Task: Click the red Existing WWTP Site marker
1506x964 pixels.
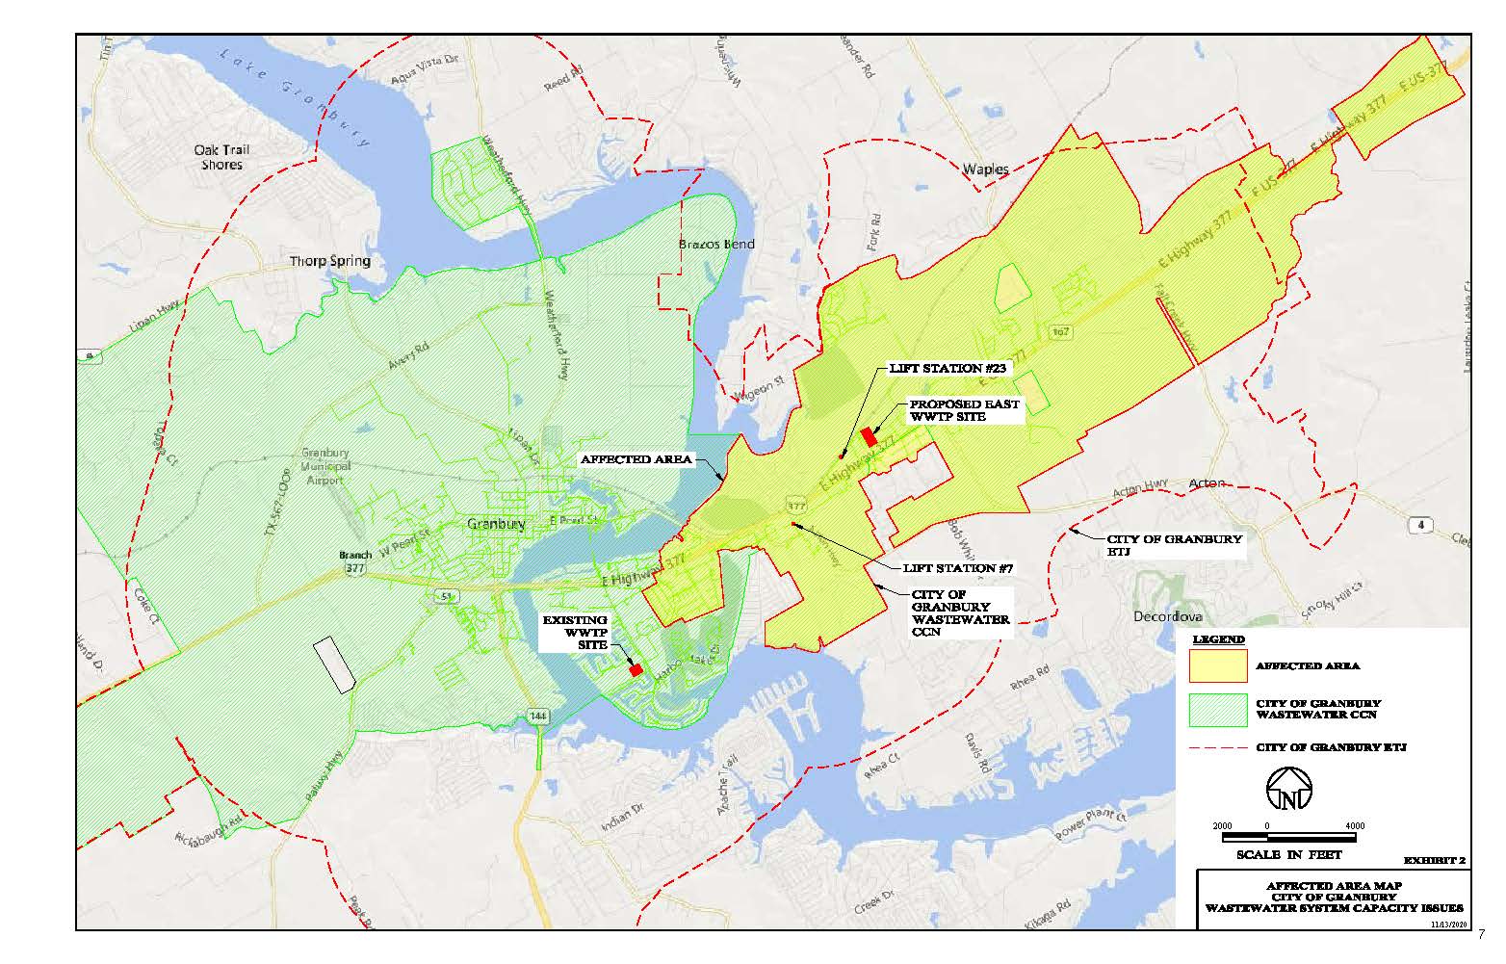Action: pyautogui.click(x=636, y=670)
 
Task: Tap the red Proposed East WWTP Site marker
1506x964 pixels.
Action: pyautogui.click(x=869, y=436)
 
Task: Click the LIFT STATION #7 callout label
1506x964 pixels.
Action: pyautogui.click(x=958, y=568)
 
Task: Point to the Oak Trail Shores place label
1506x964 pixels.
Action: pyautogui.click(x=221, y=157)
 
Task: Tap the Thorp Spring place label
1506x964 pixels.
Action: pyautogui.click(x=329, y=261)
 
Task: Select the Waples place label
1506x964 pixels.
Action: pyautogui.click(x=986, y=169)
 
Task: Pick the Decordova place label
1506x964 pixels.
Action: pyautogui.click(x=1168, y=616)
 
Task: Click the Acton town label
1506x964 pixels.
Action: pyautogui.click(x=1207, y=483)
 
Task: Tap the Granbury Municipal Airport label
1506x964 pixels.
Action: pyautogui.click(x=325, y=466)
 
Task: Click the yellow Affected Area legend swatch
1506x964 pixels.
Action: pyautogui.click(x=1218, y=666)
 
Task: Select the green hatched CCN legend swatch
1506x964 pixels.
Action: pyautogui.click(x=1218, y=710)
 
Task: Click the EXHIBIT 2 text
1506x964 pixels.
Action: pyautogui.click(x=1434, y=860)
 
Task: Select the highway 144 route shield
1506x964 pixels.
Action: pyautogui.click(x=537, y=716)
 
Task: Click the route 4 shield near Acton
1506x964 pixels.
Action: pyautogui.click(x=1420, y=525)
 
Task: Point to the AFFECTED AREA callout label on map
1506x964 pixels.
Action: pyautogui.click(x=636, y=460)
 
